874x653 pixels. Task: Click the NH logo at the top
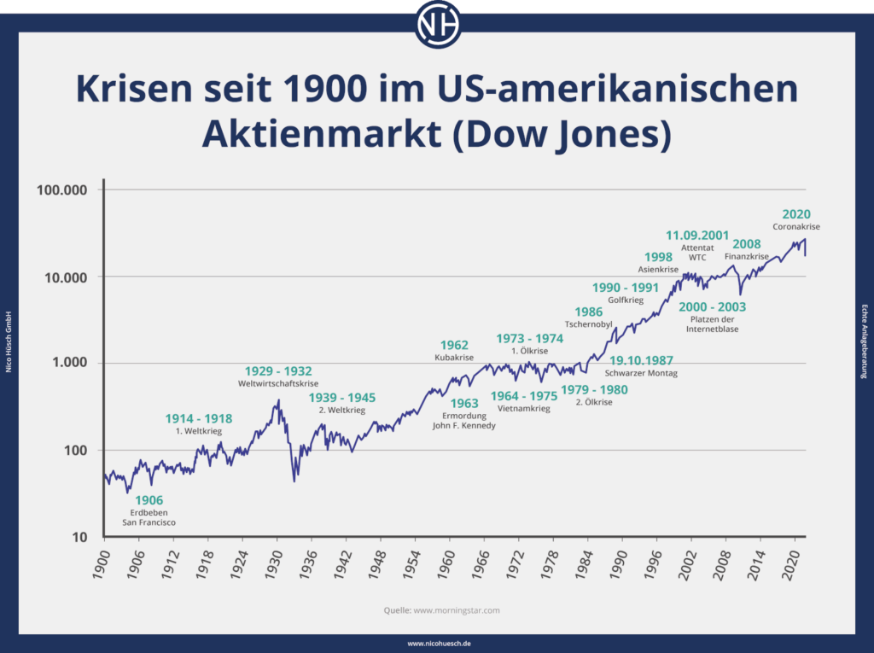click(x=437, y=23)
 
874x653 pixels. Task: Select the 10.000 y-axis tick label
click(x=65, y=277)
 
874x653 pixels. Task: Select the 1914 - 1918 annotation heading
click(x=198, y=418)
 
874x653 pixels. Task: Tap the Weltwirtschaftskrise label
click(x=278, y=384)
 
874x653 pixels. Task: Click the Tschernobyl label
click(x=589, y=324)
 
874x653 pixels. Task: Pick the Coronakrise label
click(x=796, y=227)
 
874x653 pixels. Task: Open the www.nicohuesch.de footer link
click(x=437, y=644)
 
